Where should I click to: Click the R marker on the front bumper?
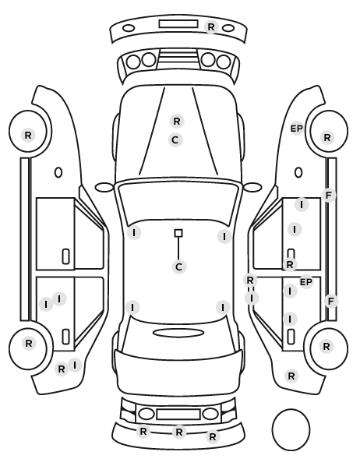click(x=210, y=27)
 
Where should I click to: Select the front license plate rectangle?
click(x=178, y=24)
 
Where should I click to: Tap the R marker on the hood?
click(x=177, y=122)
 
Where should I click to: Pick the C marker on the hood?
click(x=175, y=140)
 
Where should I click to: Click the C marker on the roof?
click(x=178, y=267)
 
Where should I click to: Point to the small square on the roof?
click(x=178, y=233)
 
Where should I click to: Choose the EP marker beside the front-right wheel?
click(x=296, y=129)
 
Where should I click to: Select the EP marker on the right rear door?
click(x=306, y=282)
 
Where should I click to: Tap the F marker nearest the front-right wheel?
click(x=329, y=196)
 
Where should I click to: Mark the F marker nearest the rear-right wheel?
click(x=331, y=302)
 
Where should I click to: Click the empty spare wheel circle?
click(x=291, y=429)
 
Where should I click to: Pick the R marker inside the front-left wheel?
click(x=28, y=136)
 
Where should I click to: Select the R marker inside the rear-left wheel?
click(x=29, y=344)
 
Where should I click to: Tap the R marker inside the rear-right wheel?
click(x=326, y=347)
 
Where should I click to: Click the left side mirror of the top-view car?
click(x=104, y=188)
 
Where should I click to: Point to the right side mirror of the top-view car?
click(x=252, y=188)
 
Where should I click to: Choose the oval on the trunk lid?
click(x=178, y=333)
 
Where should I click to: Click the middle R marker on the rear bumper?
click(x=178, y=432)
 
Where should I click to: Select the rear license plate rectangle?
click(x=178, y=414)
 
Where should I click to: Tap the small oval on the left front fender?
click(x=58, y=172)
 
